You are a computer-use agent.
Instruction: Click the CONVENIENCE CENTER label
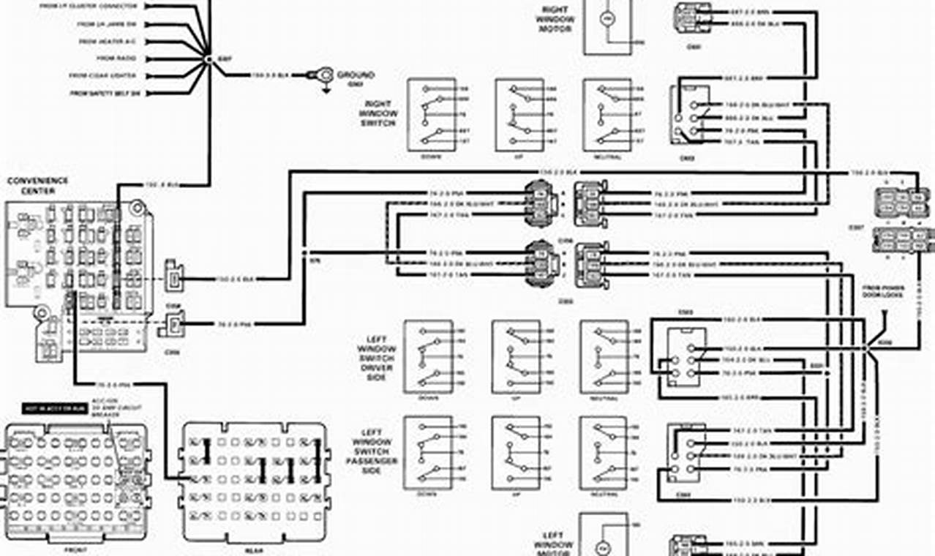click(x=37, y=185)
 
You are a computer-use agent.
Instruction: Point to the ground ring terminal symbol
click(x=323, y=75)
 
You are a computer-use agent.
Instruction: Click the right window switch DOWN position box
click(x=432, y=115)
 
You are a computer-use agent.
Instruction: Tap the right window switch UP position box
click(x=519, y=115)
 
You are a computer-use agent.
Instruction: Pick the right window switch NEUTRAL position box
click(x=607, y=115)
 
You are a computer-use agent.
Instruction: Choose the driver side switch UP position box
click(x=516, y=356)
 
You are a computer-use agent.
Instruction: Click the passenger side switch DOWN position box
click(x=428, y=452)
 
